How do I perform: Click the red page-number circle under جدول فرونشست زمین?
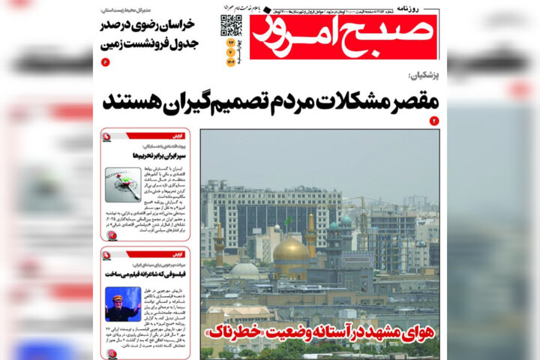(105, 61)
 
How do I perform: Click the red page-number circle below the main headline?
(433, 121)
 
